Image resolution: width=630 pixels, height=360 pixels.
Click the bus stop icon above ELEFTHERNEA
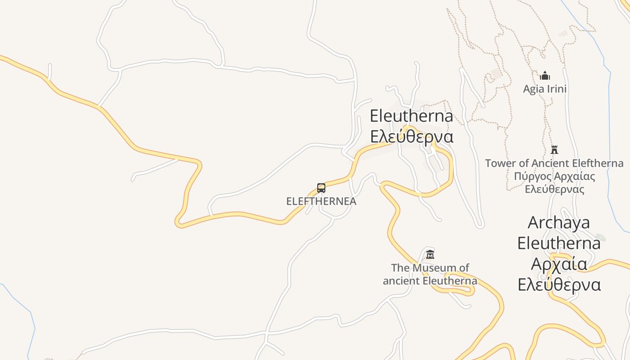pyautogui.click(x=321, y=188)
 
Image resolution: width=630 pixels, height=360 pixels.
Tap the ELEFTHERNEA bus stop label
pyautogui.click(x=321, y=201)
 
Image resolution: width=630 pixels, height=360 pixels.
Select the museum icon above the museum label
pyautogui.click(x=430, y=254)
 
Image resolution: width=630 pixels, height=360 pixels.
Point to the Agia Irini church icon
pyautogui.click(x=545, y=76)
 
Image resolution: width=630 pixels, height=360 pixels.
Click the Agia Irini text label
pyautogui.click(x=544, y=89)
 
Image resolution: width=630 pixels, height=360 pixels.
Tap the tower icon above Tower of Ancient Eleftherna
pyautogui.click(x=554, y=150)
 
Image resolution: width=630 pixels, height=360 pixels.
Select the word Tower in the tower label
pyautogui.click(x=500, y=163)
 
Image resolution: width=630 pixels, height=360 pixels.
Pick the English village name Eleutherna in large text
pyautogui.click(x=411, y=116)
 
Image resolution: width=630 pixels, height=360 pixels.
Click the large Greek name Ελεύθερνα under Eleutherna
pyautogui.click(x=411, y=136)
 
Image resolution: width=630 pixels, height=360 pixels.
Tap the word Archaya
pyautogui.click(x=558, y=222)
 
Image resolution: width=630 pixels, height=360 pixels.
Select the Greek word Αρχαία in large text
pyautogui.click(x=559, y=264)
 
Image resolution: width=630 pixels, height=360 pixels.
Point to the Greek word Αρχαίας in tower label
pyautogui.click(x=577, y=176)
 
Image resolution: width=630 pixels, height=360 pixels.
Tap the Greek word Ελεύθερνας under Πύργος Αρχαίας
pyautogui.click(x=554, y=189)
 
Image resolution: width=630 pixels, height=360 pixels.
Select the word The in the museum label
pyautogui.click(x=400, y=268)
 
